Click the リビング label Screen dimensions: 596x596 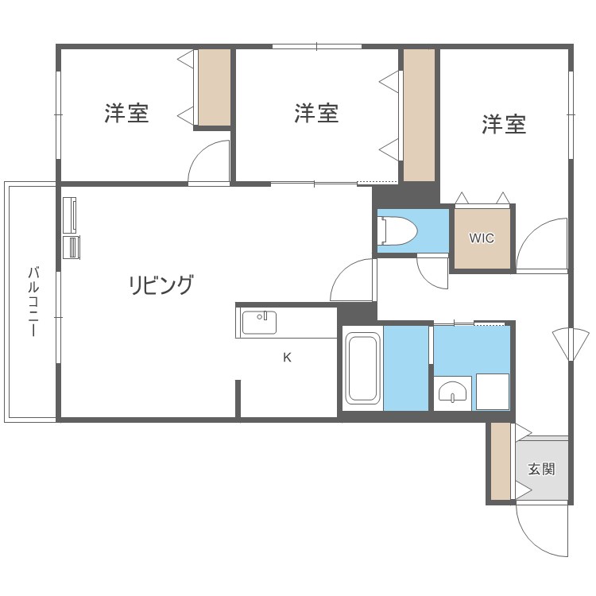coord(161,284)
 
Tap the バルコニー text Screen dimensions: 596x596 coord(33,302)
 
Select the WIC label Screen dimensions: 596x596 coord(481,238)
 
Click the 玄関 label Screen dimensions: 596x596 coord(542,469)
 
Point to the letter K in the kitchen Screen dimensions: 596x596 coord(287,358)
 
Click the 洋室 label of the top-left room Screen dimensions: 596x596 coord(126,114)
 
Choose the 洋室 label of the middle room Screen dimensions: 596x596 coord(316,114)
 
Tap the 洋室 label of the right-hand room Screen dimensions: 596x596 coord(504,124)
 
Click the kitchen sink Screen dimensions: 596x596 coord(260,323)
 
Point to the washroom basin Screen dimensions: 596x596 coord(454,393)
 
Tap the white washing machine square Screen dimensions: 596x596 coord(493,392)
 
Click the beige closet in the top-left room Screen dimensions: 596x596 coord(214,87)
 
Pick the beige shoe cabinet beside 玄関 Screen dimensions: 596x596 coord(500,462)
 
